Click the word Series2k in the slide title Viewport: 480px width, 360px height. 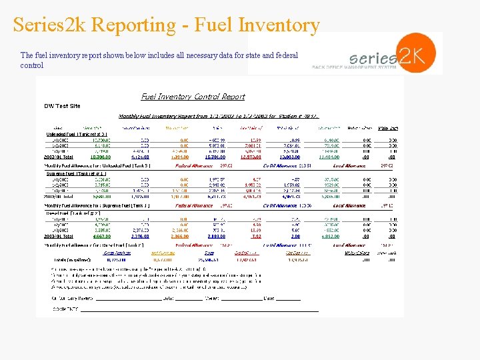50,25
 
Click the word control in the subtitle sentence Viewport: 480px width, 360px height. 32,65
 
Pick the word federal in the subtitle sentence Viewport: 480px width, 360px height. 286,55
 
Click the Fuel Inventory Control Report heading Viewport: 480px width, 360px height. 193,97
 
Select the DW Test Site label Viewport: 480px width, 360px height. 62,106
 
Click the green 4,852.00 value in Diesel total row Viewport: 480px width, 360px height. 331,236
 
